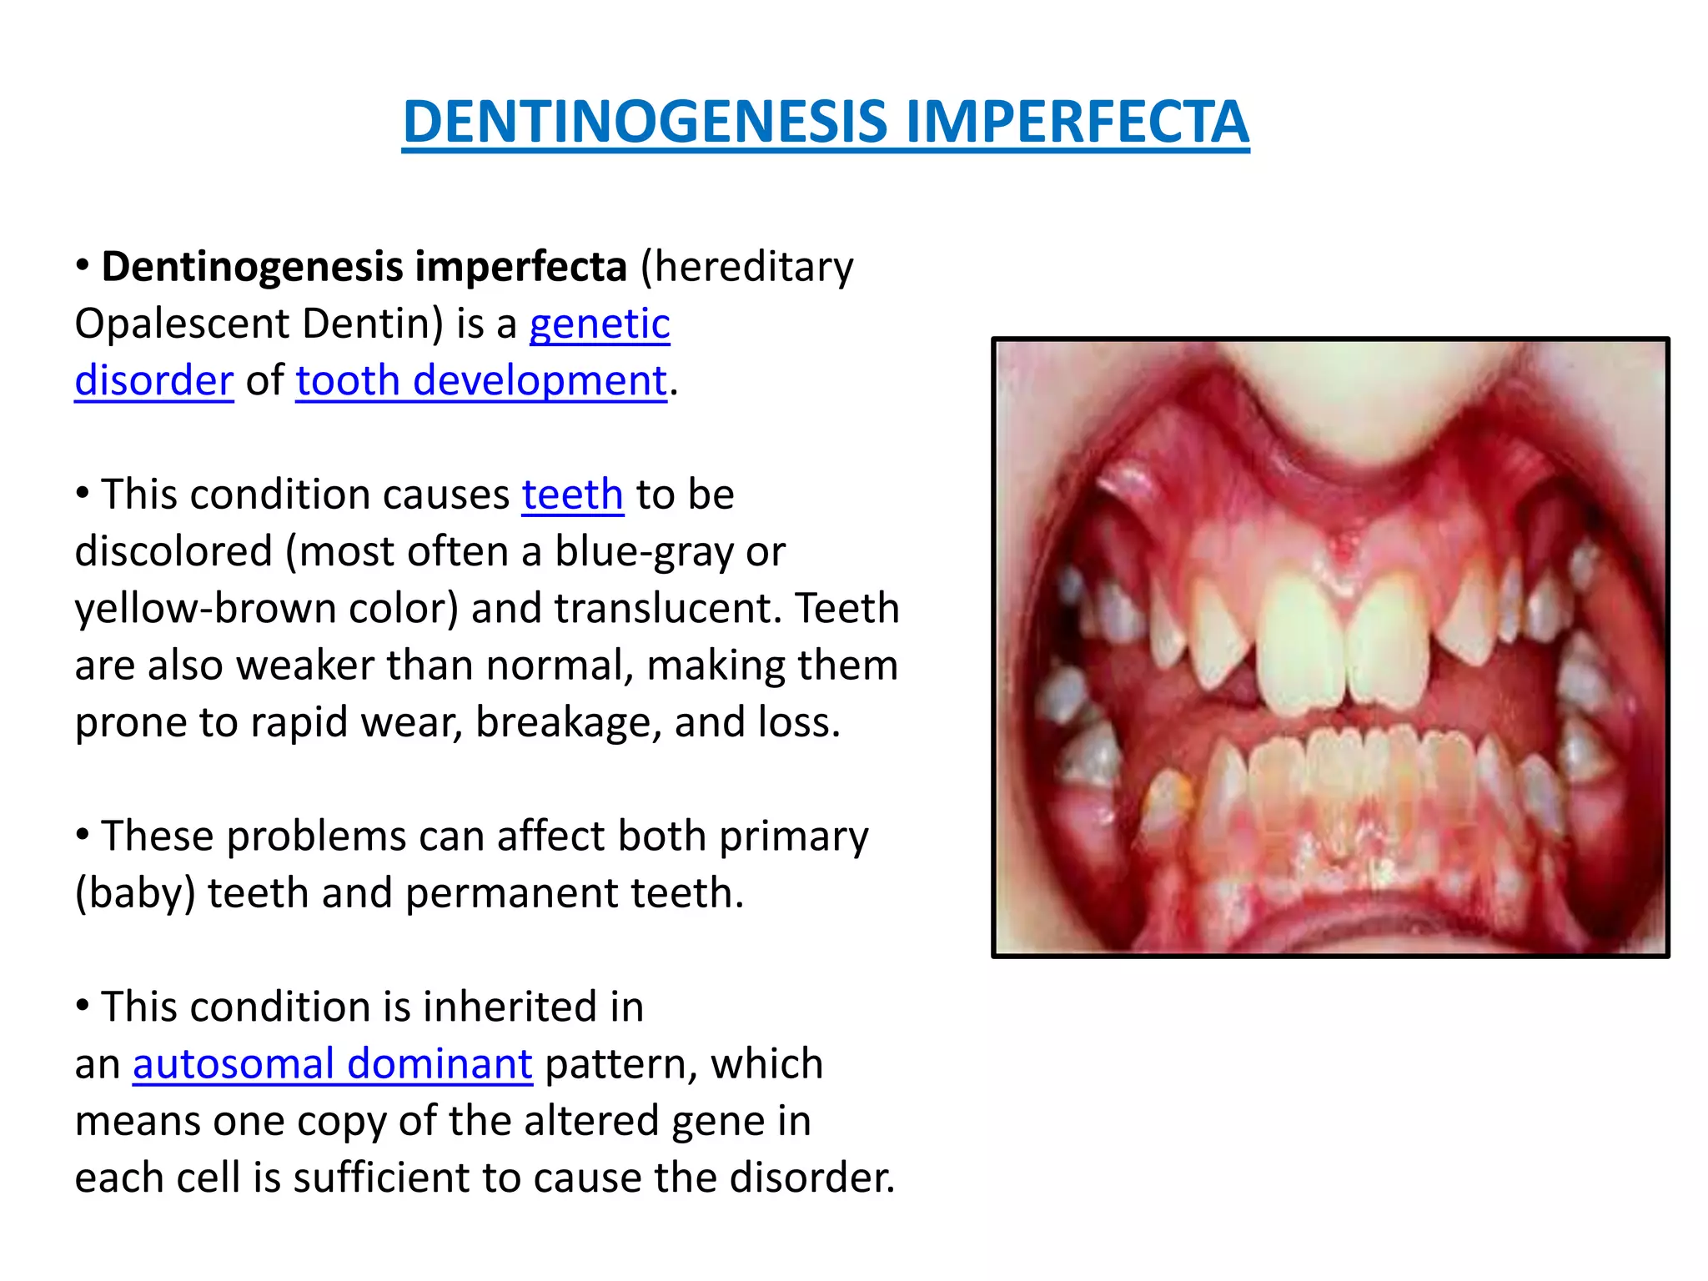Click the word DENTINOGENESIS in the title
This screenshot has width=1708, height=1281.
coord(646,122)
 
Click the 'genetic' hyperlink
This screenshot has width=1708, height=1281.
coord(600,324)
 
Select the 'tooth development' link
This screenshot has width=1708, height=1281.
coord(481,380)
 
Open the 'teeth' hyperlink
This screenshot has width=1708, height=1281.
coord(572,495)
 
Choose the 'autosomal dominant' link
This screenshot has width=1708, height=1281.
coord(332,1064)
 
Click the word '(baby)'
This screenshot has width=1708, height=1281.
coord(135,893)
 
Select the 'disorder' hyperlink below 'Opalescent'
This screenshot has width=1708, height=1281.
coord(154,380)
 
